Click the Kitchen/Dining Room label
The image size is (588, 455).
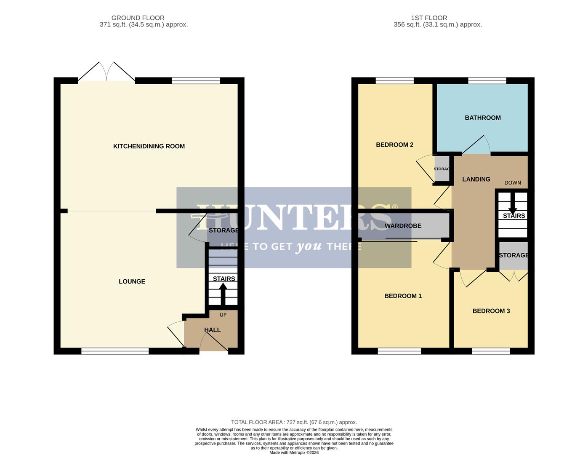tap(149, 146)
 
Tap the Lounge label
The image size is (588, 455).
tap(132, 281)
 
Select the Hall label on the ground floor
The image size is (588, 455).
tap(212, 330)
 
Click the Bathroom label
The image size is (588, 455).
tap(482, 118)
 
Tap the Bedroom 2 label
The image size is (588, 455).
tap(394, 145)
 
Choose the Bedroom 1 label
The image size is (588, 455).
tap(403, 296)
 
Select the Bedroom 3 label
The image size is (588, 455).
tap(491, 311)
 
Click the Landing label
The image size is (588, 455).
tap(476, 179)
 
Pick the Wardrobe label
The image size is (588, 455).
tap(403, 226)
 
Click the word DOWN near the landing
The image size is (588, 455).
tap(513, 182)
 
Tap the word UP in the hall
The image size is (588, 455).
tap(223, 315)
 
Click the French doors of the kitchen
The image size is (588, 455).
tap(106, 72)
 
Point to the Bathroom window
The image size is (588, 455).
tap(487, 80)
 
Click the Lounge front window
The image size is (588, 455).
tap(115, 351)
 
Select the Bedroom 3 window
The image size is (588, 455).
tap(491, 351)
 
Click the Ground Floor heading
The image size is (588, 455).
tap(138, 18)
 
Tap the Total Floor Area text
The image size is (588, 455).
tap(294, 422)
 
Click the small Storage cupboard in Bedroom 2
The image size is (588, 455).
tap(442, 169)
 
